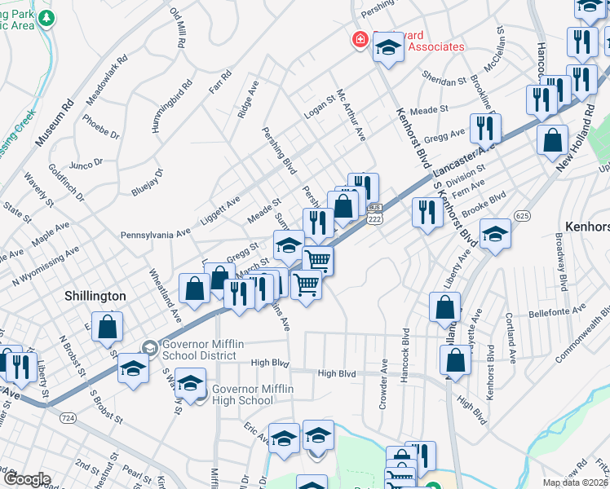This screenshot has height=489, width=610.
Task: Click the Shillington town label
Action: coord(96,296)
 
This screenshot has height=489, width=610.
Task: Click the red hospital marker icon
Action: coord(358,39)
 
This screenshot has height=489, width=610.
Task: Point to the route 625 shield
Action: coord(523,214)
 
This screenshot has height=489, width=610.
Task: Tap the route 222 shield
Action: coord(375,219)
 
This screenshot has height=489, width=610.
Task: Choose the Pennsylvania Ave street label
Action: coord(155,234)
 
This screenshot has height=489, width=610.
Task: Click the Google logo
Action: coord(27,479)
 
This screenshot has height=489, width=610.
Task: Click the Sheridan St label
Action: coord(444,81)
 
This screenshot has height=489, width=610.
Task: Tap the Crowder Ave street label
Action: coord(383,377)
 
